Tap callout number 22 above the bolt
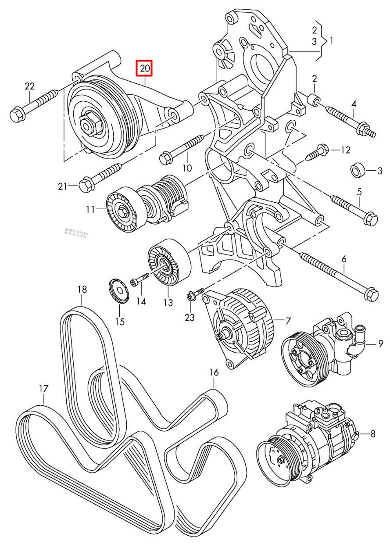coord(29,86)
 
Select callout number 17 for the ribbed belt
coord(43,388)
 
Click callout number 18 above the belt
coord(82,289)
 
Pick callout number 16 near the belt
coord(214,372)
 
